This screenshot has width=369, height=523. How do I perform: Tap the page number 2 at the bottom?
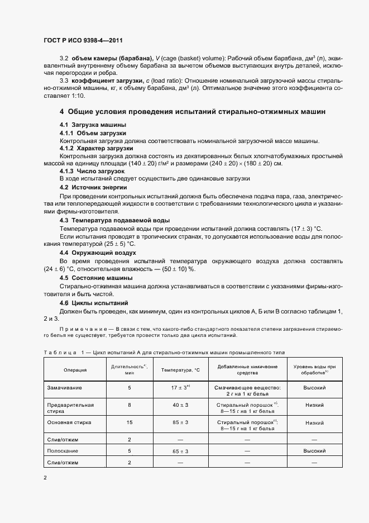tap(45, 478)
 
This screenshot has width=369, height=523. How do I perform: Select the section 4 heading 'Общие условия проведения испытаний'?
tap(193, 112)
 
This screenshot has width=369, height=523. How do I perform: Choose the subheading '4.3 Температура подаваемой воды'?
tap(107, 221)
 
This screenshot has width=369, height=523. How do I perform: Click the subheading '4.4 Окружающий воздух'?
tap(98, 253)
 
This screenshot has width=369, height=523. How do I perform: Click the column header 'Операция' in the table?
tap(75, 370)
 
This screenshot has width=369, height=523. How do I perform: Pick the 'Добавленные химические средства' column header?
tap(247, 369)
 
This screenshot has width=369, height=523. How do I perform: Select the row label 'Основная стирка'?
tap(69, 422)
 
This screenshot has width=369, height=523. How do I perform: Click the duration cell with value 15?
tap(129, 422)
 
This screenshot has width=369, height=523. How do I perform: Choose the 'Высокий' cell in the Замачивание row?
tap(314, 387)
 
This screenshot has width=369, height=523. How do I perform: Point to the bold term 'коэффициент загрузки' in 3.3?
tap(103, 80)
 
